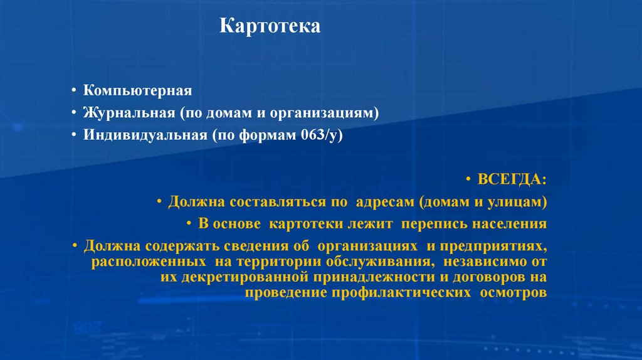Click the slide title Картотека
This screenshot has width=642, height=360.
point(270,26)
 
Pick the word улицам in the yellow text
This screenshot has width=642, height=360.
point(521,203)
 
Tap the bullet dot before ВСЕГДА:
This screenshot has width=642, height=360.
point(470,181)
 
